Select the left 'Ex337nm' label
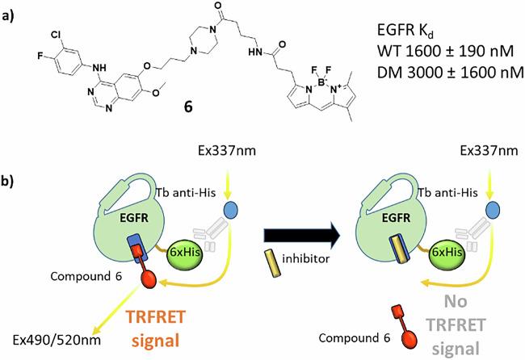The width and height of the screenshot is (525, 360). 229,151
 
